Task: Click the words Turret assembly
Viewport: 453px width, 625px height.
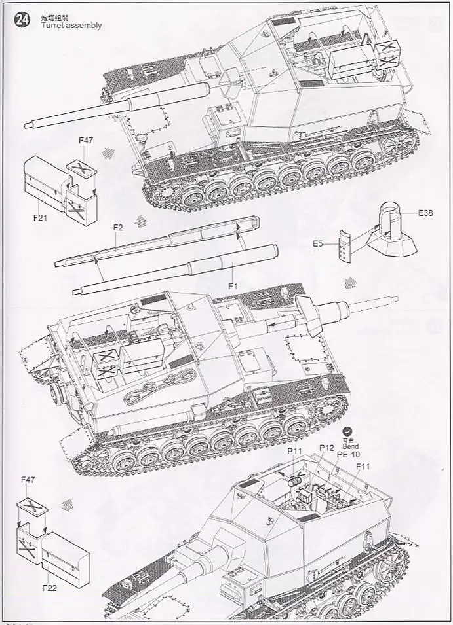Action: point(71,26)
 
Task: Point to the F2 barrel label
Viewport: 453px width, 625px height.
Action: point(118,228)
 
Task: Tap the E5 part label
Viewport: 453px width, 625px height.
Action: point(317,243)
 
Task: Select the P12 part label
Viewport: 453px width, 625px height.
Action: point(326,447)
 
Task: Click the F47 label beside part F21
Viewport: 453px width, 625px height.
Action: point(86,140)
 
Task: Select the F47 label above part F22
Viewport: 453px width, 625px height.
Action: point(28,480)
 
